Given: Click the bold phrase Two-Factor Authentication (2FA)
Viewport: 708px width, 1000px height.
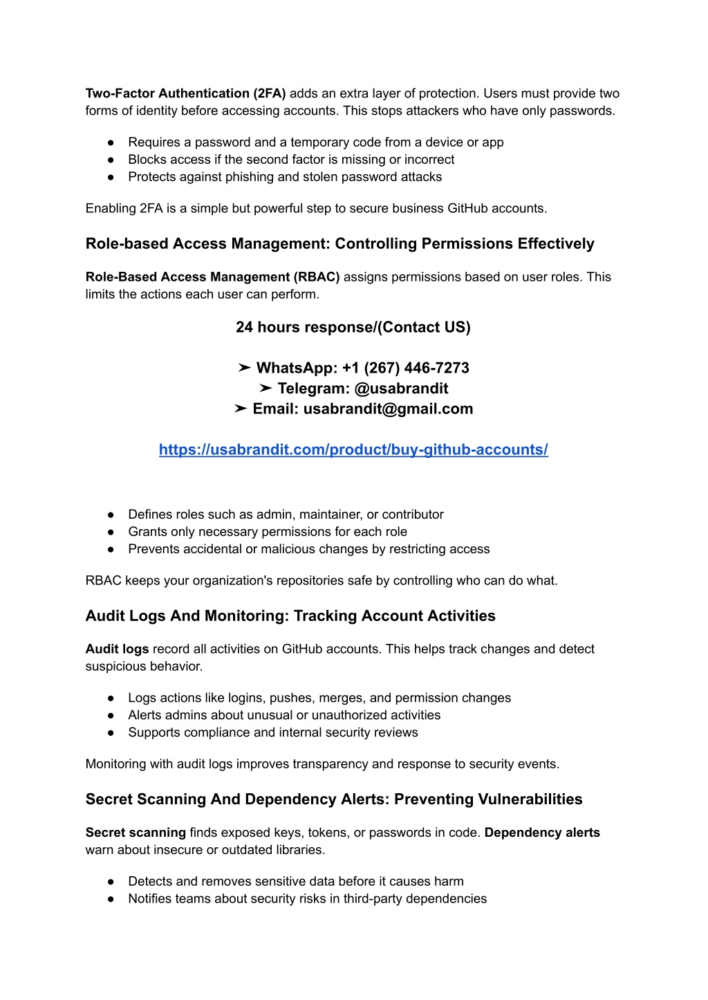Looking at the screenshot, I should [185, 93].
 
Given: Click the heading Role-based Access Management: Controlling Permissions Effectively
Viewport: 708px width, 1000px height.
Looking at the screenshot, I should [339, 243].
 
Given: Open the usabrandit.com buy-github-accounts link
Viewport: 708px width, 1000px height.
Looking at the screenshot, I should [353, 450].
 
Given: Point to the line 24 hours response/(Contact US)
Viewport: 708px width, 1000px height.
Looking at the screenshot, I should [353, 327].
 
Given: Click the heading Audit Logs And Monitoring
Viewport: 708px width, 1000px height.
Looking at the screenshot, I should [290, 615].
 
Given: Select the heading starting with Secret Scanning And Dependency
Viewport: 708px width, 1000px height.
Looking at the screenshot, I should [333, 799].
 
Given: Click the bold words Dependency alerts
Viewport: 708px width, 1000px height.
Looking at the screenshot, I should [542, 833].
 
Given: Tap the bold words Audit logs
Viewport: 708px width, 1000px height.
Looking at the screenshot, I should [117, 649].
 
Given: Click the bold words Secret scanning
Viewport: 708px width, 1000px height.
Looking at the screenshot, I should [136, 833].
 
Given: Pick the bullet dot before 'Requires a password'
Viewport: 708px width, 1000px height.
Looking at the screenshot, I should [111, 142].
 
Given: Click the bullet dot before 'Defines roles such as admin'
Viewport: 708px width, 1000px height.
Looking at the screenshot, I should [111, 515].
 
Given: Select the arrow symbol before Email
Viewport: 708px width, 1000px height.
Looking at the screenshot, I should [240, 409].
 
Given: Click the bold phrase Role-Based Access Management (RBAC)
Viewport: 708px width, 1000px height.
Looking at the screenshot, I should [212, 277].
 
